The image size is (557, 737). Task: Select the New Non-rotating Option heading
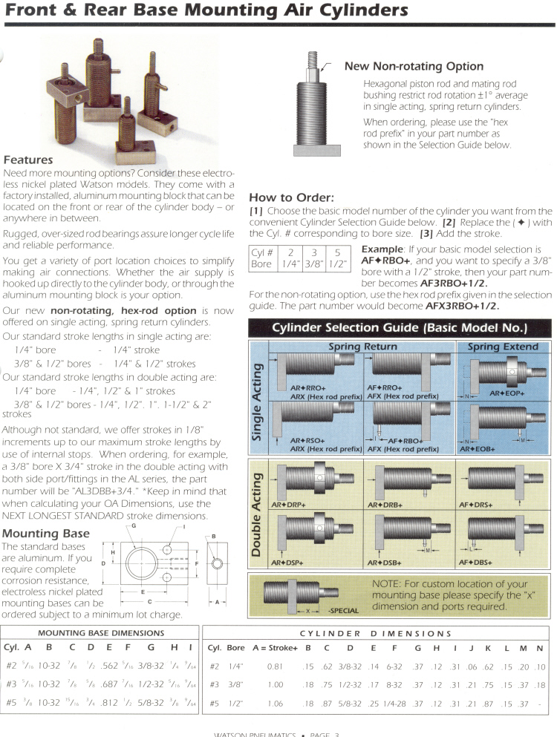(x=414, y=67)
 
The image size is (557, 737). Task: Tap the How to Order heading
(x=291, y=198)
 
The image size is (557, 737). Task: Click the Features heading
(x=27, y=160)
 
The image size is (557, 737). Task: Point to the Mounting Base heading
(x=45, y=533)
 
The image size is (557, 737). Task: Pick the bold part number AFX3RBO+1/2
(x=462, y=305)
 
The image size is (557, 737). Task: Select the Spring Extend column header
(x=504, y=347)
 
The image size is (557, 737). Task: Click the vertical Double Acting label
(x=257, y=518)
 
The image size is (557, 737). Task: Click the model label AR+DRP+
(x=289, y=505)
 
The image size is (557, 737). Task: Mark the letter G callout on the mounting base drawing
(x=134, y=526)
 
